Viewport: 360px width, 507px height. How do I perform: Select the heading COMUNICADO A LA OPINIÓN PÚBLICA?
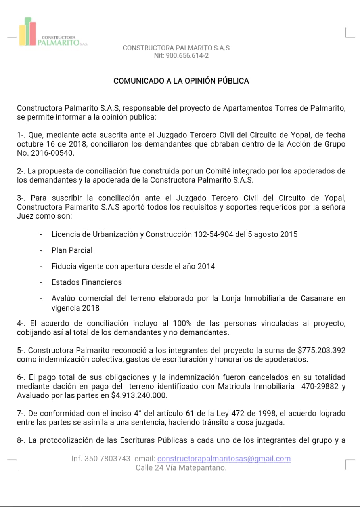pyautogui.click(x=181, y=81)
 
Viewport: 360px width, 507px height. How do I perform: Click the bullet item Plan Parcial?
pyautogui.click(x=72, y=250)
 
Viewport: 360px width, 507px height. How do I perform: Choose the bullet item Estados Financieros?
pyautogui.click(x=86, y=282)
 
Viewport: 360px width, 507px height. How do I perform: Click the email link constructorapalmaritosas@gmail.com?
pyautogui.click(x=224, y=459)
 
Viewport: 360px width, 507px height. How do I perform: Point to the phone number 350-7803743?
pyautogui.click(x=107, y=459)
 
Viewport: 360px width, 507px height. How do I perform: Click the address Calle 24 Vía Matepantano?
pyautogui.click(x=181, y=468)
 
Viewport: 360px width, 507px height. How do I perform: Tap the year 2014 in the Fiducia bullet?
pyautogui.click(x=207, y=266)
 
